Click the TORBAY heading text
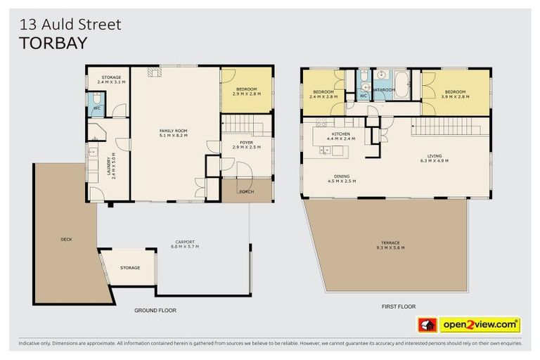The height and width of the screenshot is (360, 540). click(53, 43)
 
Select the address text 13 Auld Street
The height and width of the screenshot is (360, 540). click(70, 25)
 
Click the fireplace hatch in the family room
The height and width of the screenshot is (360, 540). click(153, 70)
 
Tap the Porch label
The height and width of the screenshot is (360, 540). click(246, 191)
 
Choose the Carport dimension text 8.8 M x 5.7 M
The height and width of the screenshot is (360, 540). click(185, 247)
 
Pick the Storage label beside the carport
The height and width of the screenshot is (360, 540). click(130, 268)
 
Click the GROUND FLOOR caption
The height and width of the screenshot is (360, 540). click(155, 310)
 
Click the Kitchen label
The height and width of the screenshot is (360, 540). click(341, 134)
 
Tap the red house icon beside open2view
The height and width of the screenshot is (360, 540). click(427, 325)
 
